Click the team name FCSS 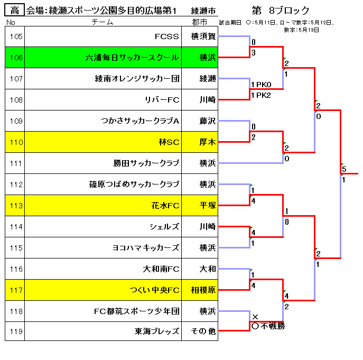point(166,36)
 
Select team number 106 point(16,58)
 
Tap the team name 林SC point(169,142)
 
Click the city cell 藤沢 point(208,121)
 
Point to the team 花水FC point(165,206)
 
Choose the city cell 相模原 point(203,290)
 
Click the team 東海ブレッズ point(157,331)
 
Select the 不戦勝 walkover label point(273,326)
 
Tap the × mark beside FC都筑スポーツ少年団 point(255,317)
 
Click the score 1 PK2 point(261,95)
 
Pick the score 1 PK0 point(261,85)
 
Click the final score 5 point(344,169)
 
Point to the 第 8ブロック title point(281,11)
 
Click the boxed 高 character point(15,10)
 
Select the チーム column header point(102,22)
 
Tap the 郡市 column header point(200,22)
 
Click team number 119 point(16,331)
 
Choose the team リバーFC point(162,100)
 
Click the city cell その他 point(203,331)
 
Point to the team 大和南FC point(161,269)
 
